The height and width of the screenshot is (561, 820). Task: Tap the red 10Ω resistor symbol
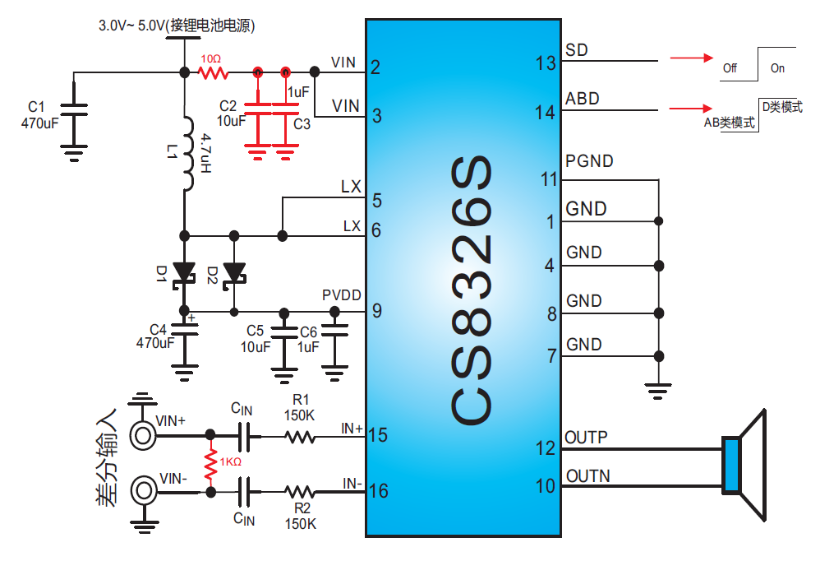point(212,73)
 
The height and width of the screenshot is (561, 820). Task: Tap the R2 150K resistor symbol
point(300,492)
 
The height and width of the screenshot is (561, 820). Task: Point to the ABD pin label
point(583,99)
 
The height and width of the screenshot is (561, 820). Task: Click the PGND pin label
point(589,161)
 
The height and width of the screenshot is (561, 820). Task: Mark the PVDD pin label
point(342,295)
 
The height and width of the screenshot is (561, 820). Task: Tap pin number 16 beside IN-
point(379,492)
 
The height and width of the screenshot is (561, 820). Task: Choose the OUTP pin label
point(587,438)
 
